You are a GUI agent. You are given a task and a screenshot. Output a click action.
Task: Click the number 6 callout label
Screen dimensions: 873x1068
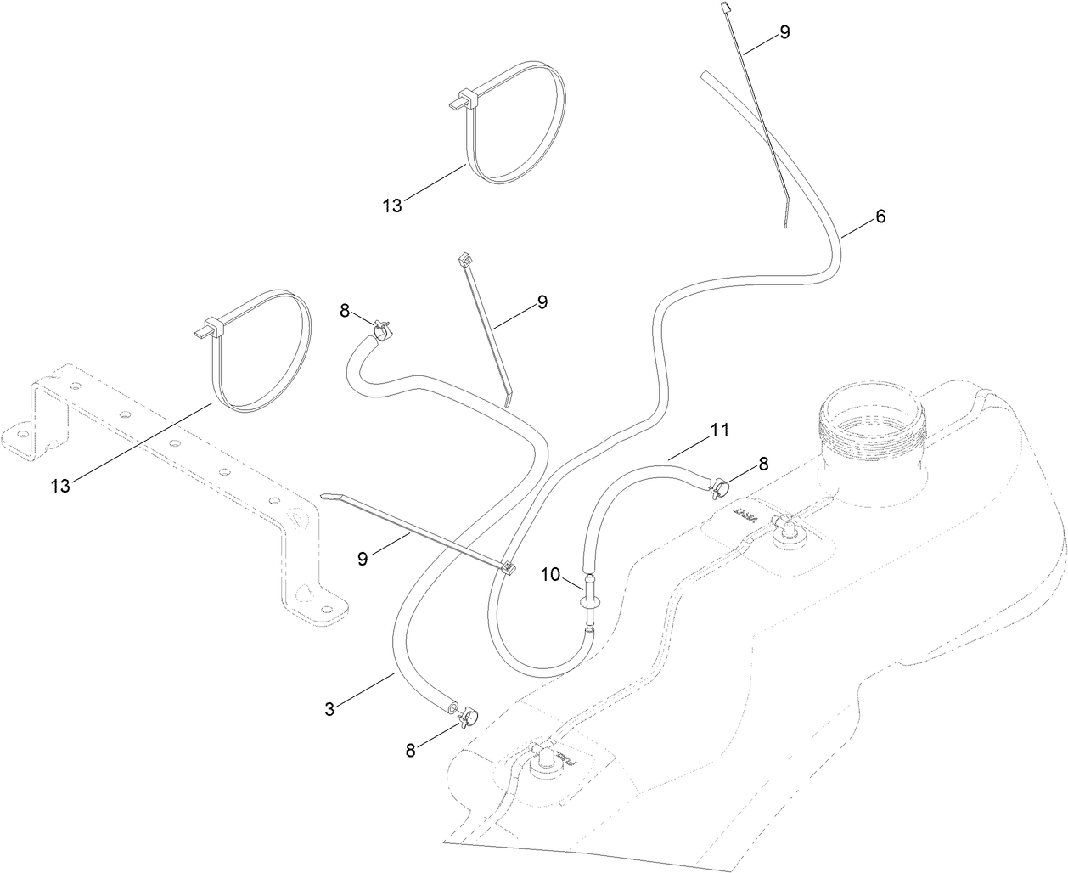[x=880, y=217]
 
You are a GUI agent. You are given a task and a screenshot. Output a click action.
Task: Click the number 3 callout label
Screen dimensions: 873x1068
[x=330, y=708]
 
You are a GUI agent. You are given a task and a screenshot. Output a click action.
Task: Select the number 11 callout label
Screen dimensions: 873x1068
[x=719, y=431]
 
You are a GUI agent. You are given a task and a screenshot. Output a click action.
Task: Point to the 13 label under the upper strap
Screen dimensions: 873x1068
[x=392, y=205]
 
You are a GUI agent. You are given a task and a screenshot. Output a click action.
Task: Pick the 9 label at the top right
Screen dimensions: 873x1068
[x=784, y=32]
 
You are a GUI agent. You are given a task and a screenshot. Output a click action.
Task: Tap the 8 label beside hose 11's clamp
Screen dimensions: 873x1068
[x=762, y=464]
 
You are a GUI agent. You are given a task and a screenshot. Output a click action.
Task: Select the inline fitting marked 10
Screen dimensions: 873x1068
[x=588, y=601]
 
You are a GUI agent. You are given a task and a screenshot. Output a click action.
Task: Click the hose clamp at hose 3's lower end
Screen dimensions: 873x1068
[x=466, y=717]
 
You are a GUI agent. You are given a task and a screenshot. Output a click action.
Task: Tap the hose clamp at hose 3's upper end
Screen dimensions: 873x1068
[x=381, y=327]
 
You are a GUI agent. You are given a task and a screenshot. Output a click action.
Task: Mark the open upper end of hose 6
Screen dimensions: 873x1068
[x=706, y=76]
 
